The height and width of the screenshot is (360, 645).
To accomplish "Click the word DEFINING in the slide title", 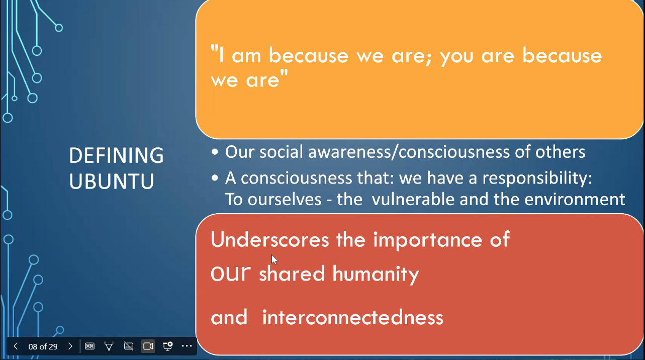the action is pos(116,155).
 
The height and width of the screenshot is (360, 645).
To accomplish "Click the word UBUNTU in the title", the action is pos(112,181).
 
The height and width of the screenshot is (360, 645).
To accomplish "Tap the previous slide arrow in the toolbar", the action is pos(16,346).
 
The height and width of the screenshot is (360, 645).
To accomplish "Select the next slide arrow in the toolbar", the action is pos(70,346).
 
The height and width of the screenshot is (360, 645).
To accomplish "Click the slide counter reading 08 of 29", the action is pos(43,346).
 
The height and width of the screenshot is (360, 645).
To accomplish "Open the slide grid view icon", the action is pos(89,346).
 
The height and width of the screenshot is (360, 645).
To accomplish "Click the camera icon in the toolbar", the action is pos(148,346).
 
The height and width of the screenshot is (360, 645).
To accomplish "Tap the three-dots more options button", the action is pos(187,346).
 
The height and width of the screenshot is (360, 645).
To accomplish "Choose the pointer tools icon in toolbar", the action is pos(109,346).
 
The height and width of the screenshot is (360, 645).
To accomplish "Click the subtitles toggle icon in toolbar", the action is pos(128,346).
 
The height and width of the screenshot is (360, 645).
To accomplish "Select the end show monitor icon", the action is pos(167,346).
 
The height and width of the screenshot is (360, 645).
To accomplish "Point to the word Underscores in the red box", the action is pos(270,240).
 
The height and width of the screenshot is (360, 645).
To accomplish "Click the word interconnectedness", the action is pos(353,317).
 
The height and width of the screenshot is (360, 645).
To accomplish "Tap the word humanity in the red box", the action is pos(376,274).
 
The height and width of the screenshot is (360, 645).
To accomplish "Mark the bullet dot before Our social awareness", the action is pos(215,152).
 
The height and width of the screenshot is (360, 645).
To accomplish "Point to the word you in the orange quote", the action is pos(457,57).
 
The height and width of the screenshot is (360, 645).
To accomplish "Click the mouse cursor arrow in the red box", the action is pos(274,259).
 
